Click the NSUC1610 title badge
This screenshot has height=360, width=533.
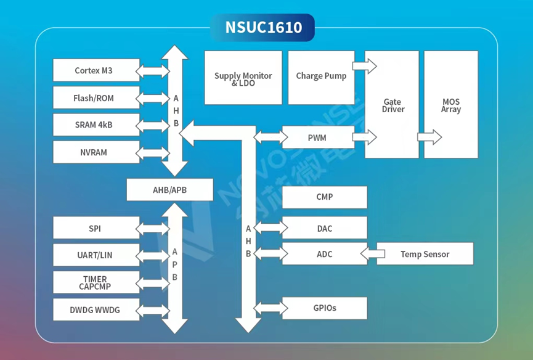point(262,28)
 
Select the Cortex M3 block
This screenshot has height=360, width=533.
point(94,71)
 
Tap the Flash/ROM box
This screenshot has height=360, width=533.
point(94,98)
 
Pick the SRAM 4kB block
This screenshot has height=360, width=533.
point(94,125)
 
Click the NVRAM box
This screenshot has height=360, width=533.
point(94,152)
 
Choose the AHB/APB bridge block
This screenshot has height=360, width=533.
point(169,190)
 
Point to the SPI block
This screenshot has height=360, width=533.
point(94,229)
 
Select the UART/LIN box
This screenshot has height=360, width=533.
point(94,255)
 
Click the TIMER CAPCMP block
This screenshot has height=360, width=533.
point(94,282)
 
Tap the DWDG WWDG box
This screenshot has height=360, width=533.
point(94,310)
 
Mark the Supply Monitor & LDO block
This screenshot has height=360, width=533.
point(243,78)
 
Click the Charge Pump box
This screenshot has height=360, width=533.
point(321,77)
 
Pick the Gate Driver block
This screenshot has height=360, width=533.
point(392,105)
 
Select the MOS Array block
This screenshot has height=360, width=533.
point(451,105)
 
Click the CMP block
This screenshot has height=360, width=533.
point(324,197)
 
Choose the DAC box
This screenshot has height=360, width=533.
point(324,229)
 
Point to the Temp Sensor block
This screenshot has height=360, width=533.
point(425,254)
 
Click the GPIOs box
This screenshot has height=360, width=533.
point(324,308)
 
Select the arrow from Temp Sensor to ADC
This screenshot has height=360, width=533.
point(372,253)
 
